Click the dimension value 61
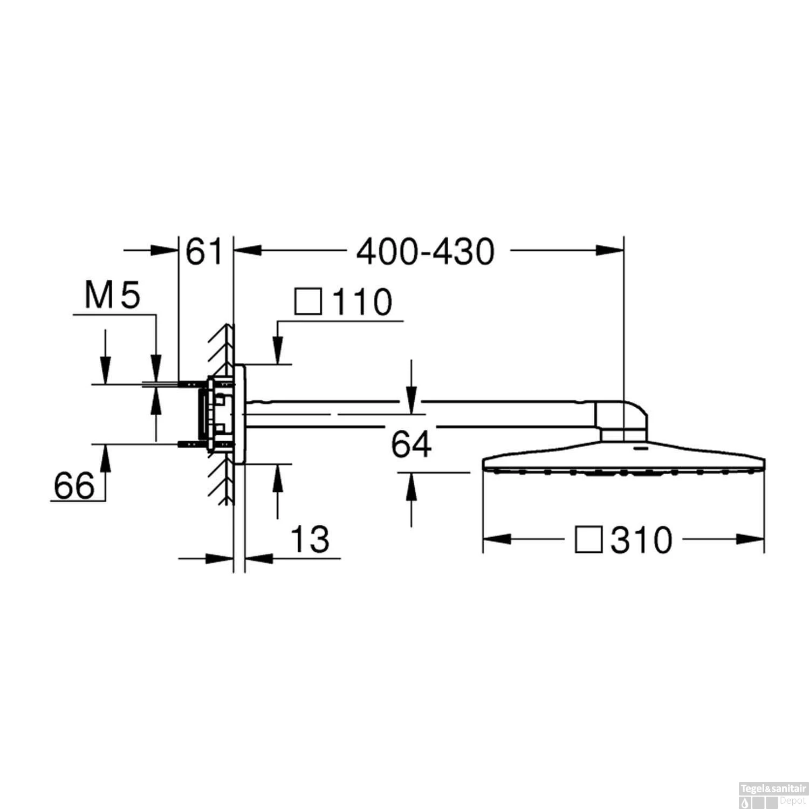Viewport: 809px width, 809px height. (204, 252)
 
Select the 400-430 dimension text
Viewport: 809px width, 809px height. (425, 252)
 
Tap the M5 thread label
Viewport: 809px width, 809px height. (112, 296)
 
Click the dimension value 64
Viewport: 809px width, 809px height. (411, 444)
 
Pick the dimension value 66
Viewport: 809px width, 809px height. (74, 485)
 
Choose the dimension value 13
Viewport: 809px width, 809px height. (310, 539)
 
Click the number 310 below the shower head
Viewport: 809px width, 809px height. (642, 540)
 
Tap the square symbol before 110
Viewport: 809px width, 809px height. (308, 301)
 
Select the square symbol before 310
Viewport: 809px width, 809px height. (588, 540)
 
